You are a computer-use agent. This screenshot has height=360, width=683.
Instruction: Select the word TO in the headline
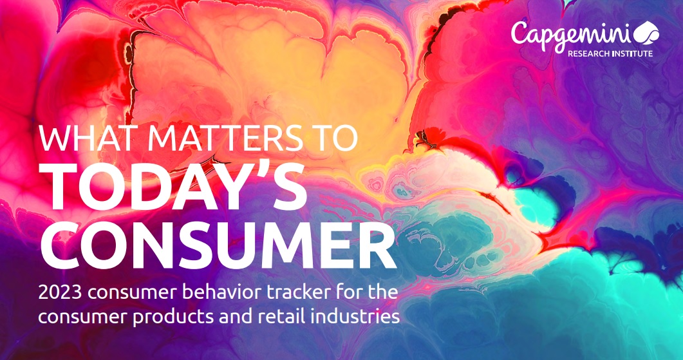click(x=333, y=138)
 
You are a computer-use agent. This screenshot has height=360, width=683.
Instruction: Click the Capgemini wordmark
click(x=571, y=35)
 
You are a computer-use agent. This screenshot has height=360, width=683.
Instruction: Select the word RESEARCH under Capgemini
click(x=588, y=53)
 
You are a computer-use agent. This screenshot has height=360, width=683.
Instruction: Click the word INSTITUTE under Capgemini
click(x=632, y=53)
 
